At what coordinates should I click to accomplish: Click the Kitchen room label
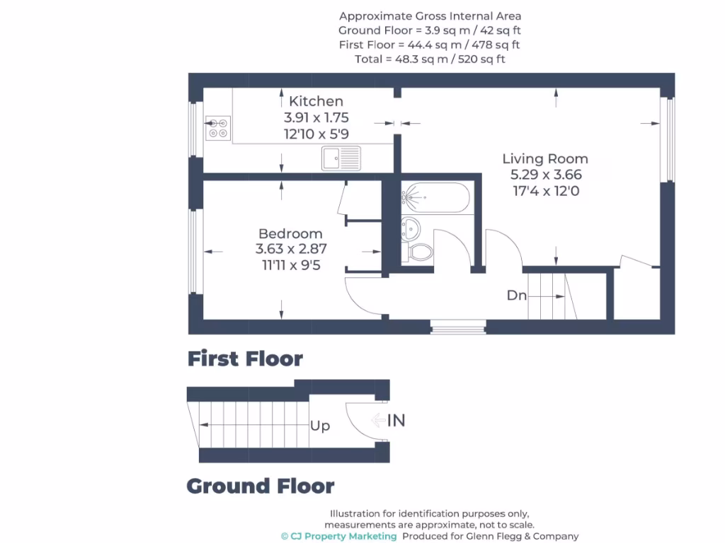point(316,101)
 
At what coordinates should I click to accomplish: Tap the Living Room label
point(544,158)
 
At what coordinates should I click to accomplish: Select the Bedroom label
point(290,233)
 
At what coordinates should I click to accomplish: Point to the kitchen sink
point(341,158)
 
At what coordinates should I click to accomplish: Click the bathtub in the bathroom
point(435,198)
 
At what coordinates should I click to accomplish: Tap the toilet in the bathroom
point(420,252)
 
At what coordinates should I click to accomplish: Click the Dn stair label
point(516,296)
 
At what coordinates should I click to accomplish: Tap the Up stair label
point(320,426)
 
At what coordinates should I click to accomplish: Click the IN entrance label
point(396,421)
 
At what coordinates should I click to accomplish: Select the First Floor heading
point(245,359)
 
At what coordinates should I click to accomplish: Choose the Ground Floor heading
point(260,486)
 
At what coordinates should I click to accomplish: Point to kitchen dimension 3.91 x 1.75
point(316,117)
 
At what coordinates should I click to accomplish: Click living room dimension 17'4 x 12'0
point(544,190)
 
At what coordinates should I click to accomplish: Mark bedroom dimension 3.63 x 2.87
point(290,249)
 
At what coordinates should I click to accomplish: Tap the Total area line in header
point(430,59)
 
